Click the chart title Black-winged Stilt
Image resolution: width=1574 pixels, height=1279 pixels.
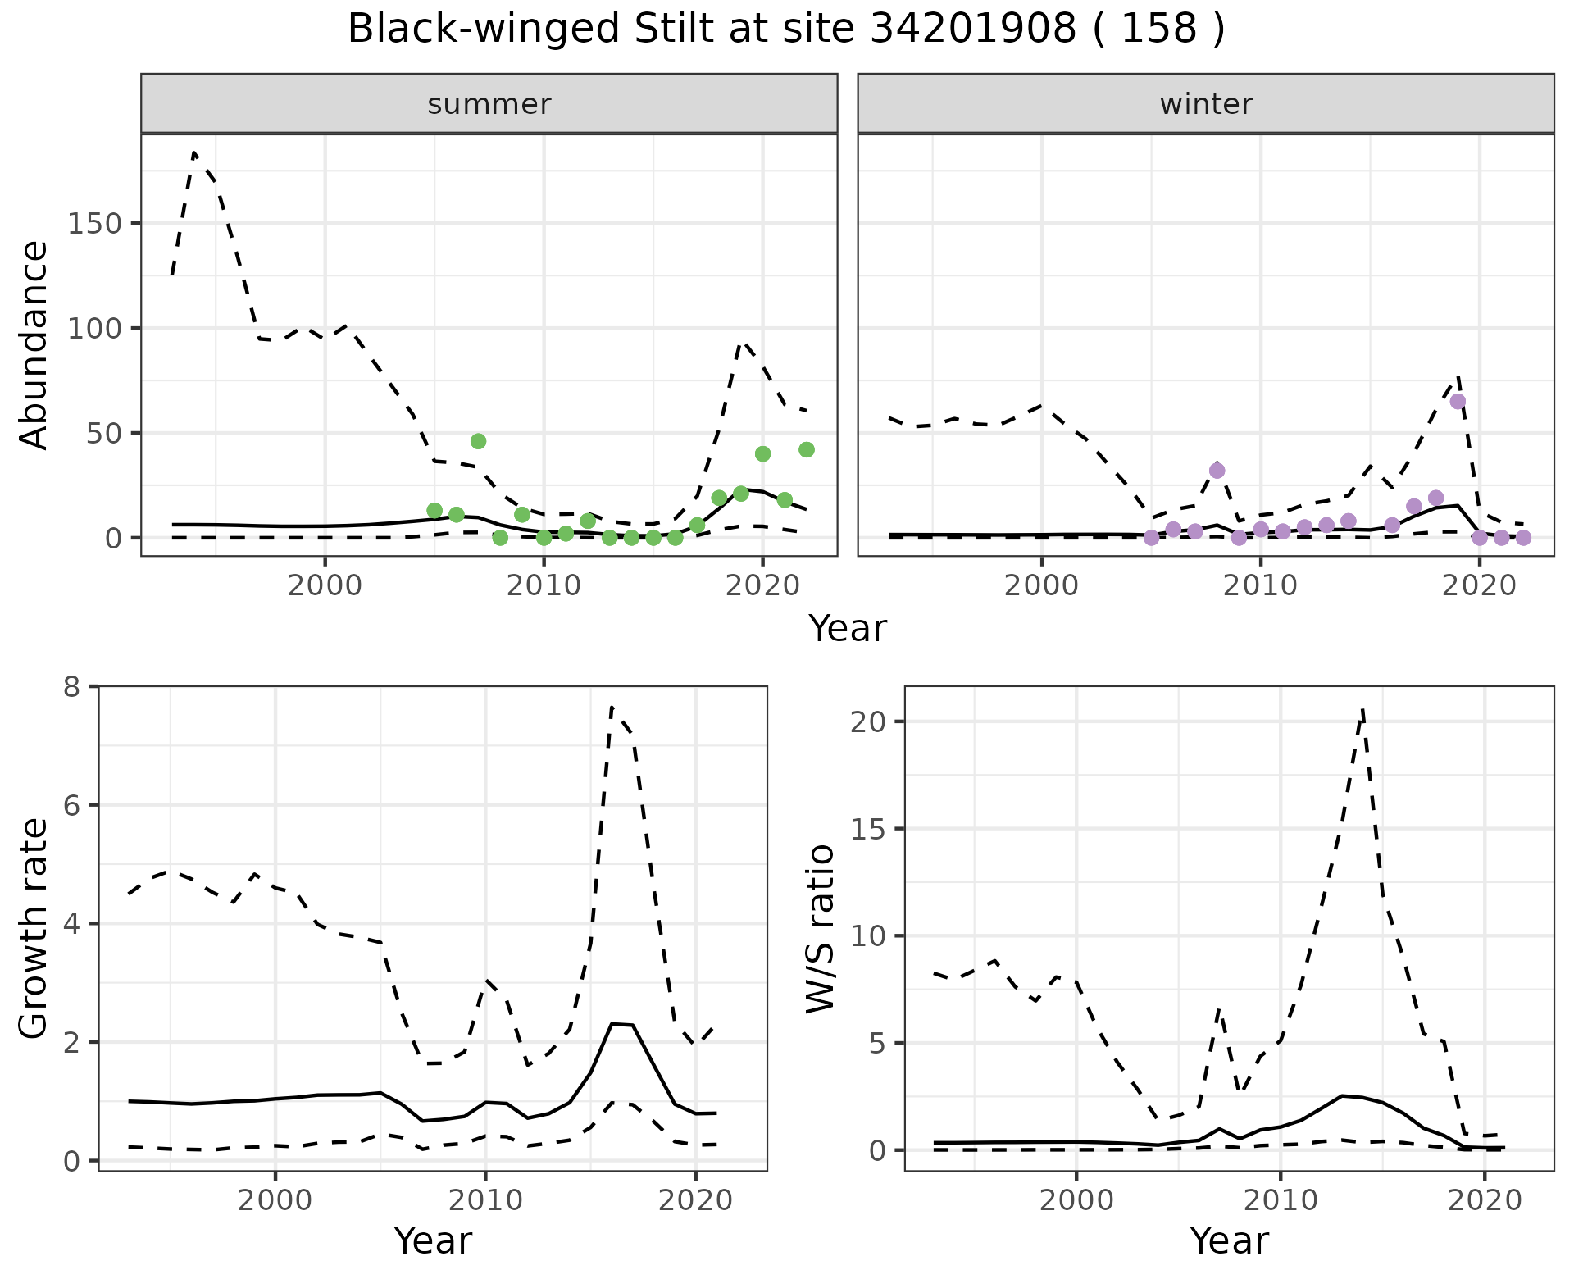[x=786, y=30]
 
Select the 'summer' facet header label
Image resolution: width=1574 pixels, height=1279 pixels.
[x=489, y=104]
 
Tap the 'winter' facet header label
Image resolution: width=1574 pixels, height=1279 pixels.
[x=1206, y=104]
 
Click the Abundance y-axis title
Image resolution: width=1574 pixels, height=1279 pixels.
[x=34, y=345]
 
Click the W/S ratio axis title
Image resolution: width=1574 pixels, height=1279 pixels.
[x=821, y=928]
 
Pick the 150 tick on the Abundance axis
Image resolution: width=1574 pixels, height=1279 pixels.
[x=93, y=224]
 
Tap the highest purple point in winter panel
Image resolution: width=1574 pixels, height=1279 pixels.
[x=1458, y=401]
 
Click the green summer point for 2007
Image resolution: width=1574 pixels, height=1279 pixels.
[x=479, y=441]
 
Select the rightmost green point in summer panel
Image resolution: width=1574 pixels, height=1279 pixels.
[x=807, y=449]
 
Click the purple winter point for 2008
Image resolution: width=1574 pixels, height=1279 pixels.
[x=1217, y=471]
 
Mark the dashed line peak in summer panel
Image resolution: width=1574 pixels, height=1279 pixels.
[x=194, y=152]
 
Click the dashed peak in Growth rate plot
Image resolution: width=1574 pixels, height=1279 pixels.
[x=612, y=707]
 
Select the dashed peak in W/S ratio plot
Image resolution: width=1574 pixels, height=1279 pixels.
[x=1362, y=710]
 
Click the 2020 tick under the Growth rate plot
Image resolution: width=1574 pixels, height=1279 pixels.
[x=695, y=1200]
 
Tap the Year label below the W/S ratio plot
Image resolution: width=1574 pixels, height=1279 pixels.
[x=1229, y=1240]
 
